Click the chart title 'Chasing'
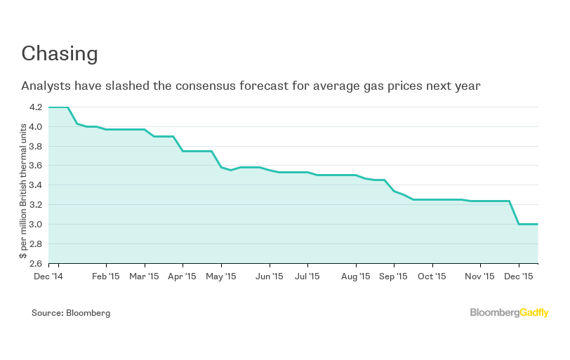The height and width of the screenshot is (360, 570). pyautogui.click(x=59, y=54)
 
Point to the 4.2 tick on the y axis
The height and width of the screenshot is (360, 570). pyautogui.click(x=35, y=107)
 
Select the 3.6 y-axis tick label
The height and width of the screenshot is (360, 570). pyautogui.click(x=35, y=166)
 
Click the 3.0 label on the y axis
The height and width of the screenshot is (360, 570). pyautogui.click(x=35, y=225)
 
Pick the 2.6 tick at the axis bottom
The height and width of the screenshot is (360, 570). pyautogui.click(x=35, y=263)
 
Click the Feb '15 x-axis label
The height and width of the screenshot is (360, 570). pyautogui.click(x=106, y=276)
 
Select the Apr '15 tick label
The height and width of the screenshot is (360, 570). pyautogui.click(x=183, y=276)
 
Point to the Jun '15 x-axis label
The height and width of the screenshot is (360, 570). pyautogui.click(x=270, y=276)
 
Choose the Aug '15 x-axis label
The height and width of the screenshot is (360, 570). pyautogui.click(x=356, y=276)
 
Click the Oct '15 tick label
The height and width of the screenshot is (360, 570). pyautogui.click(x=432, y=276)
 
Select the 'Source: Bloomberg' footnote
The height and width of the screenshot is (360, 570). pyautogui.click(x=71, y=313)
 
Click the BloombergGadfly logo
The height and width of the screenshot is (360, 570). pyautogui.click(x=509, y=313)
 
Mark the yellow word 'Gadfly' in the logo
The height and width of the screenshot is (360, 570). pyautogui.click(x=534, y=313)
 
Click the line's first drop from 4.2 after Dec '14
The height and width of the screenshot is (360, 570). pyautogui.click(x=72, y=116)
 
